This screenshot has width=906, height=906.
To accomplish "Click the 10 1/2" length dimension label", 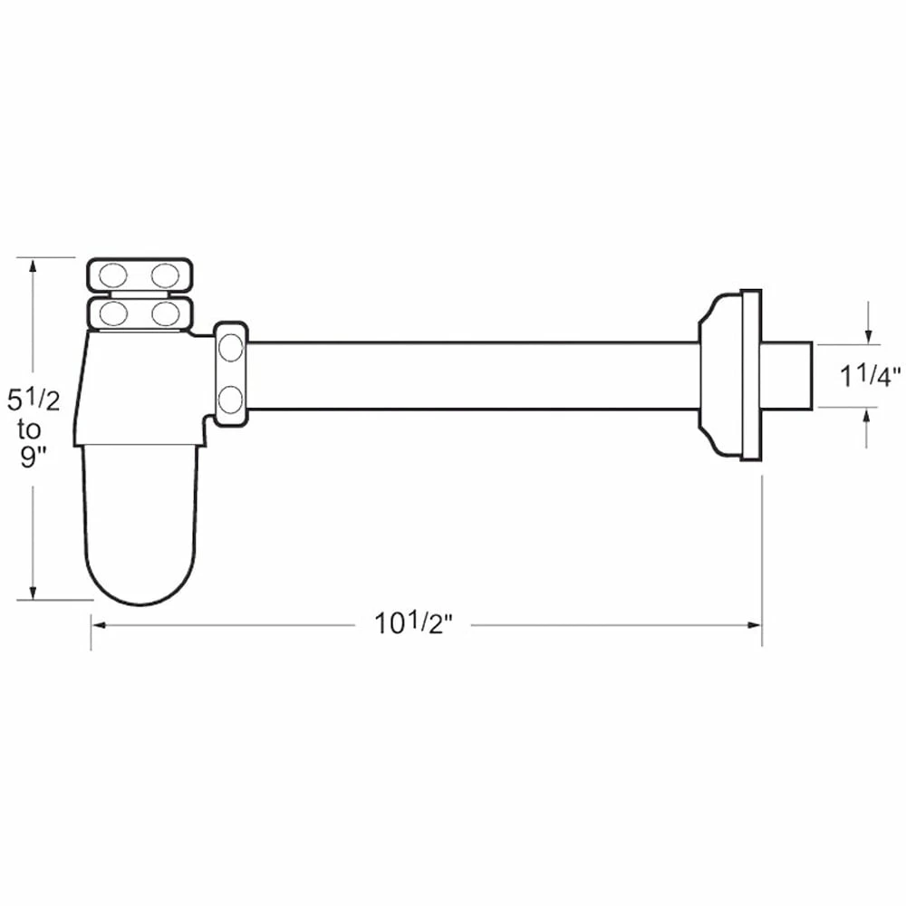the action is tap(413, 623).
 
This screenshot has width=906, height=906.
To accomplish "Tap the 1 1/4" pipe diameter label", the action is tap(870, 376).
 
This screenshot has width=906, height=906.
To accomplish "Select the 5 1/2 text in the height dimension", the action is tap(34, 400).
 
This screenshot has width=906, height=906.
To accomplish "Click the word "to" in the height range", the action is tap(29, 429).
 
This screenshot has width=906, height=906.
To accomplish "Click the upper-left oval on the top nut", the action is tap(112, 275).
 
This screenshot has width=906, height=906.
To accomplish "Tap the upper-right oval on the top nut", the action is tap(165, 275).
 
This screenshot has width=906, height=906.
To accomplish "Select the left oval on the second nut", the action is tap(112, 313).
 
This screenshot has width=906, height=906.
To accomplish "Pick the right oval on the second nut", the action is tap(165, 313).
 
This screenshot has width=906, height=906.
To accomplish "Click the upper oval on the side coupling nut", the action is tap(231, 348).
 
